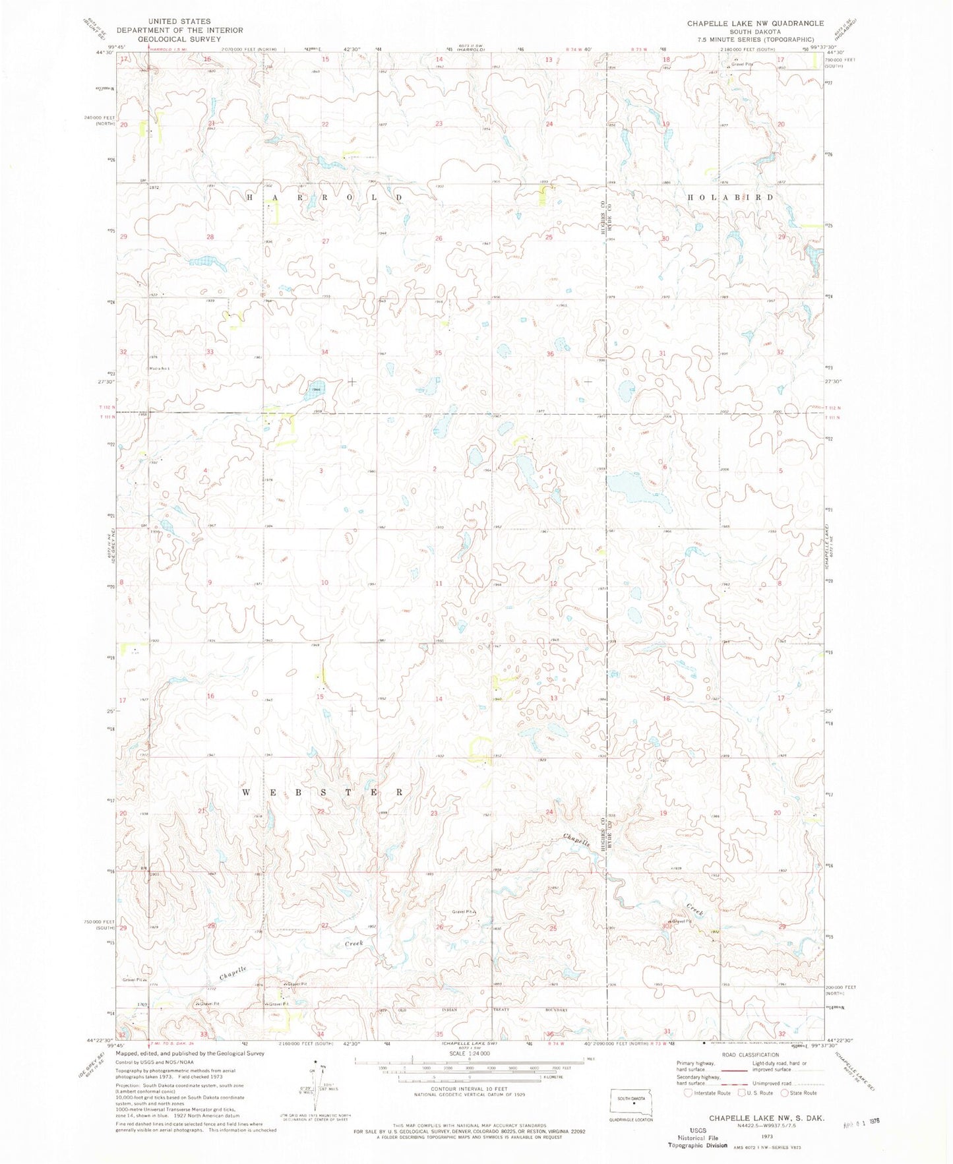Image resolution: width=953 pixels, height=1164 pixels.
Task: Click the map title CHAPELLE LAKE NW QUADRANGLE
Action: coord(754,23)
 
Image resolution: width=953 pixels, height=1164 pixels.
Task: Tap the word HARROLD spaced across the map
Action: coord(324,197)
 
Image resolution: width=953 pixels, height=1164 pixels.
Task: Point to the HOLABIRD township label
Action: coord(730,197)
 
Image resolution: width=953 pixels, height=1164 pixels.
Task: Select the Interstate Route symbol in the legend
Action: coord(689,1093)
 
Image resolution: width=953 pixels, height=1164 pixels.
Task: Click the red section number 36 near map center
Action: coord(549,354)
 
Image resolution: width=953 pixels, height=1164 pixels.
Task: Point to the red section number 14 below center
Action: coord(439,699)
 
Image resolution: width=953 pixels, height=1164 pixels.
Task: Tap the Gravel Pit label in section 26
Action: coord(463,912)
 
